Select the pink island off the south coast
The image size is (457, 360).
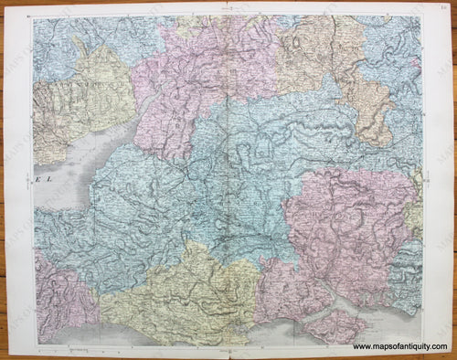coord(335,326)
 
